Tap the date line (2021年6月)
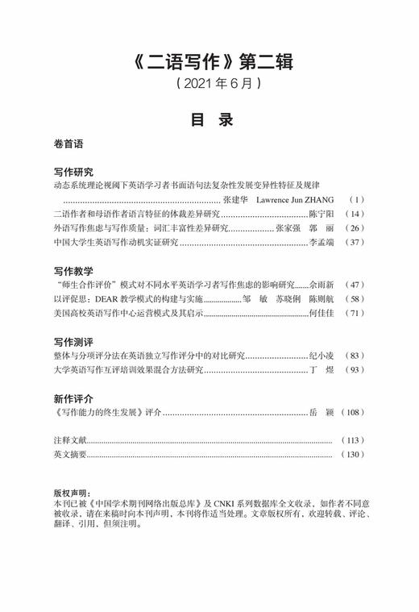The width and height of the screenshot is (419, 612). (x=209, y=83)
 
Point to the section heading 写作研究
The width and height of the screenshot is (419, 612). (x=73, y=172)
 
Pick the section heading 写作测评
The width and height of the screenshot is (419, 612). (x=73, y=341)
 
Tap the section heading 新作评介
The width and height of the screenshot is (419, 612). (x=73, y=398)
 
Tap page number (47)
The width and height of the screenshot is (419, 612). (x=355, y=285)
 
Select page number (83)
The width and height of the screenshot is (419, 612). (x=355, y=356)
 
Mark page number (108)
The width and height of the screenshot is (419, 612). (x=352, y=413)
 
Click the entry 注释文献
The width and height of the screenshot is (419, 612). (x=68, y=441)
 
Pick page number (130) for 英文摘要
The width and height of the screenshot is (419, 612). (x=352, y=456)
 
